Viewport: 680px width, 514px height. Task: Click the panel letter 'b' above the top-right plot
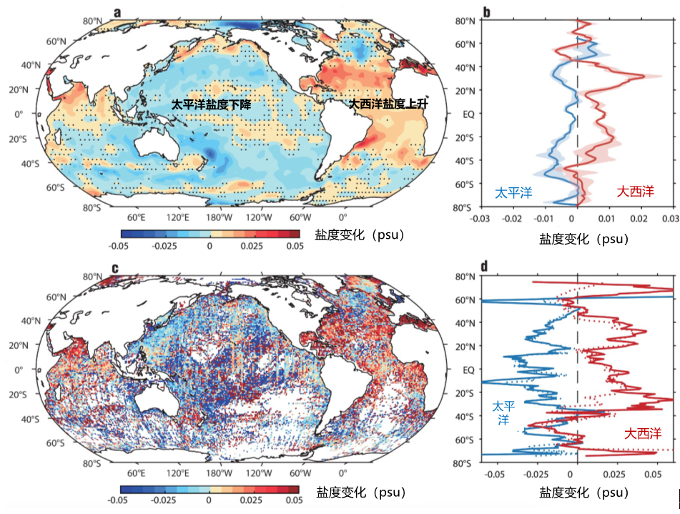(486, 11)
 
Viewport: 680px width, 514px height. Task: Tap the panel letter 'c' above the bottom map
(114, 270)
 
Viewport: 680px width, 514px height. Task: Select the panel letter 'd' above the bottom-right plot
(485, 267)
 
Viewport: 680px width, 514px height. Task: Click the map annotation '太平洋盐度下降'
(215, 104)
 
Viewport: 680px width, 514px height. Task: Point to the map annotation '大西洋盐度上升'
(388, 104)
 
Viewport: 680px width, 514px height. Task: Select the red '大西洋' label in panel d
(641, 433)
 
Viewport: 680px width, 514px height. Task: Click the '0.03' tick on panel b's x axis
(669, 218)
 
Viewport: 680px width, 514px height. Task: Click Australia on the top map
(157, 145)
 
